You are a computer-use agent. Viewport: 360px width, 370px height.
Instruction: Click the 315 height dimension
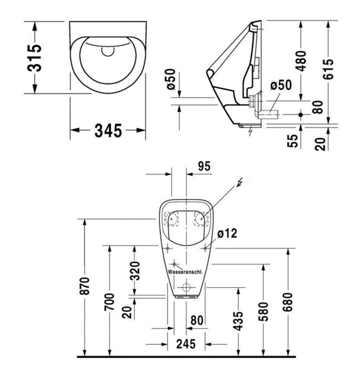click(x=34, y=57)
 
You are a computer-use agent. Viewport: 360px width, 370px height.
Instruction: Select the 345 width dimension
click(x=108, y=130)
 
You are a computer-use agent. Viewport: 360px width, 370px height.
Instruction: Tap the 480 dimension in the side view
click(x=301, y=61)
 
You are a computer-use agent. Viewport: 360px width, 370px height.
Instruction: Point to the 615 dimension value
click(x=328, y=69)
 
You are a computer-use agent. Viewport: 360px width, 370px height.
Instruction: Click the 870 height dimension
click(x=85, y=286)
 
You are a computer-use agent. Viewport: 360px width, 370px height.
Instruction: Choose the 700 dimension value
click(x=109, y=302)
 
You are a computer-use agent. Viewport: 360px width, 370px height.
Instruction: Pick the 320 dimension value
click(x=135, y=271)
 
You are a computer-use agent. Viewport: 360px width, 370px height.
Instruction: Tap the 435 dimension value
click(x=238, y=321)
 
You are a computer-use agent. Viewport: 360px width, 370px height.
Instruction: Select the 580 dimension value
click(x=263, y=311)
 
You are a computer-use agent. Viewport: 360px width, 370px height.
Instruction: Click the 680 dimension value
click(x=288, y=302)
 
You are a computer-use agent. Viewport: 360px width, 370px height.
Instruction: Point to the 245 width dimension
click(x=186, y=344)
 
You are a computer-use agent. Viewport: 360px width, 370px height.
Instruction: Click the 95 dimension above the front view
click(x=204, y=166)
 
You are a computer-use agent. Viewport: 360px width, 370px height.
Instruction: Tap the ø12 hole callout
click(x=227, y=233)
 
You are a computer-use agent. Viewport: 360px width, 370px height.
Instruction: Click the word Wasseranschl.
click(x=185, y=272)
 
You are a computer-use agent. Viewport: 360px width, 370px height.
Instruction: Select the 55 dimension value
click(x=293, y=141)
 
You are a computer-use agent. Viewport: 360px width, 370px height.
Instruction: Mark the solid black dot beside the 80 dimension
click(x=300, y=115)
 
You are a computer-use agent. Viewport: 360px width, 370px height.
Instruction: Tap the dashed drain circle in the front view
click(x=187, y=287)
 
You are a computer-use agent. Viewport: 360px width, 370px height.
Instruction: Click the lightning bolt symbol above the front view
click(x=240, y=182)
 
